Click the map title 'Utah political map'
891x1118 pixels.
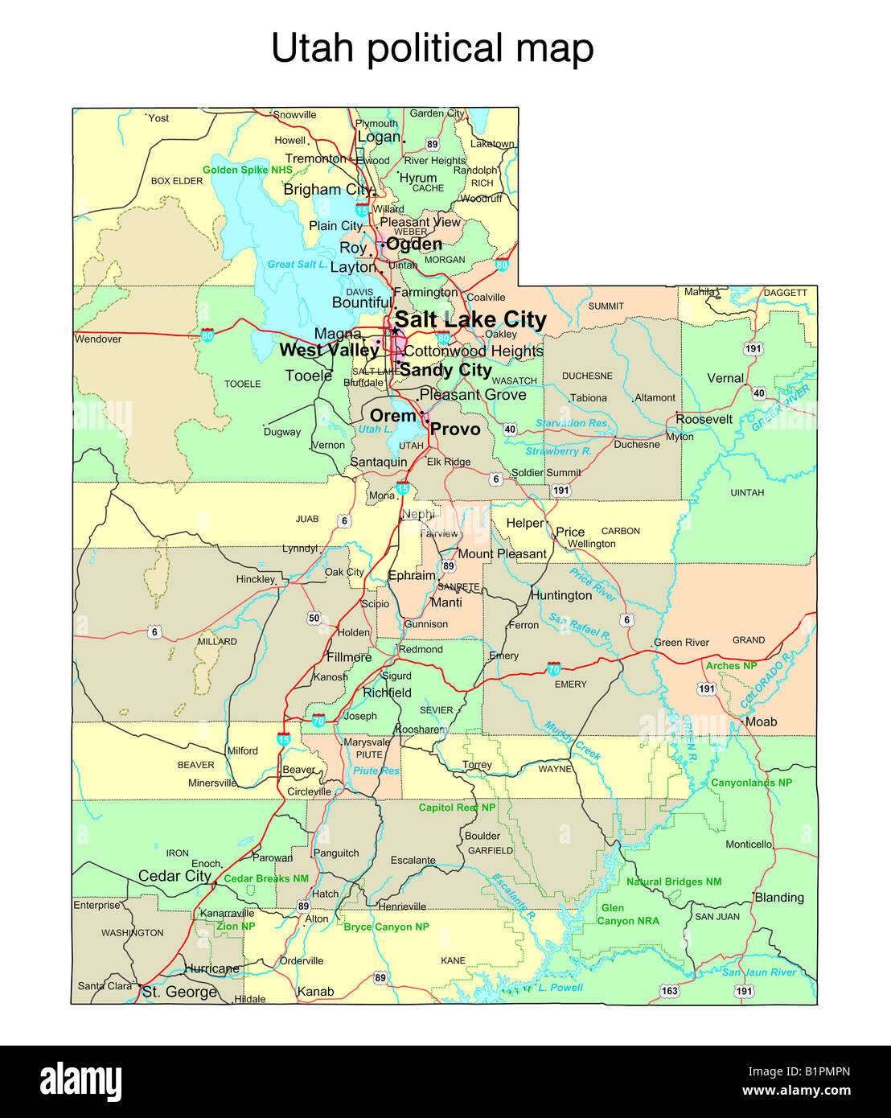(x=433, y=48)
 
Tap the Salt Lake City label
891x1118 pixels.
(x=470, y=319)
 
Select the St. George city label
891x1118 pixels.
(x=179, y=992)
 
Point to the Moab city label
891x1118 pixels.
(x=761, y=721)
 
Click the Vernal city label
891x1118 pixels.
(x=725, y=378)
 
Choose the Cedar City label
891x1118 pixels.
(x=175, y=876)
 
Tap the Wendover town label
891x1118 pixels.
(x=98, y=339)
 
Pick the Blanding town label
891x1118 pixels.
(x=778, y=897)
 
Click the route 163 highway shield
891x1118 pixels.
(x=669, y=991)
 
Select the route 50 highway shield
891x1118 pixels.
(x=314, y=618)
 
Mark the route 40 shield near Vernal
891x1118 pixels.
(x=759, y=393)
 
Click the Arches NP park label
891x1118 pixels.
(x=731, y=666)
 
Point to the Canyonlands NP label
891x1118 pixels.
(x=751, y=783)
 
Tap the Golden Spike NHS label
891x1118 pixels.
(x=248, y=170)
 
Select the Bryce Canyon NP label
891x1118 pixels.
(x=386, y=927)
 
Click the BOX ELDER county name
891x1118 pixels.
(x=177, y=181)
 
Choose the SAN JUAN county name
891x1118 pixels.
(x=717, y=916)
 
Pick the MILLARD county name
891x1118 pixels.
(x=217, y=641)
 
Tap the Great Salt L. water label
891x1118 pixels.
(x=297, y=264)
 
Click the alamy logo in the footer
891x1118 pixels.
(x=80, y=1083)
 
